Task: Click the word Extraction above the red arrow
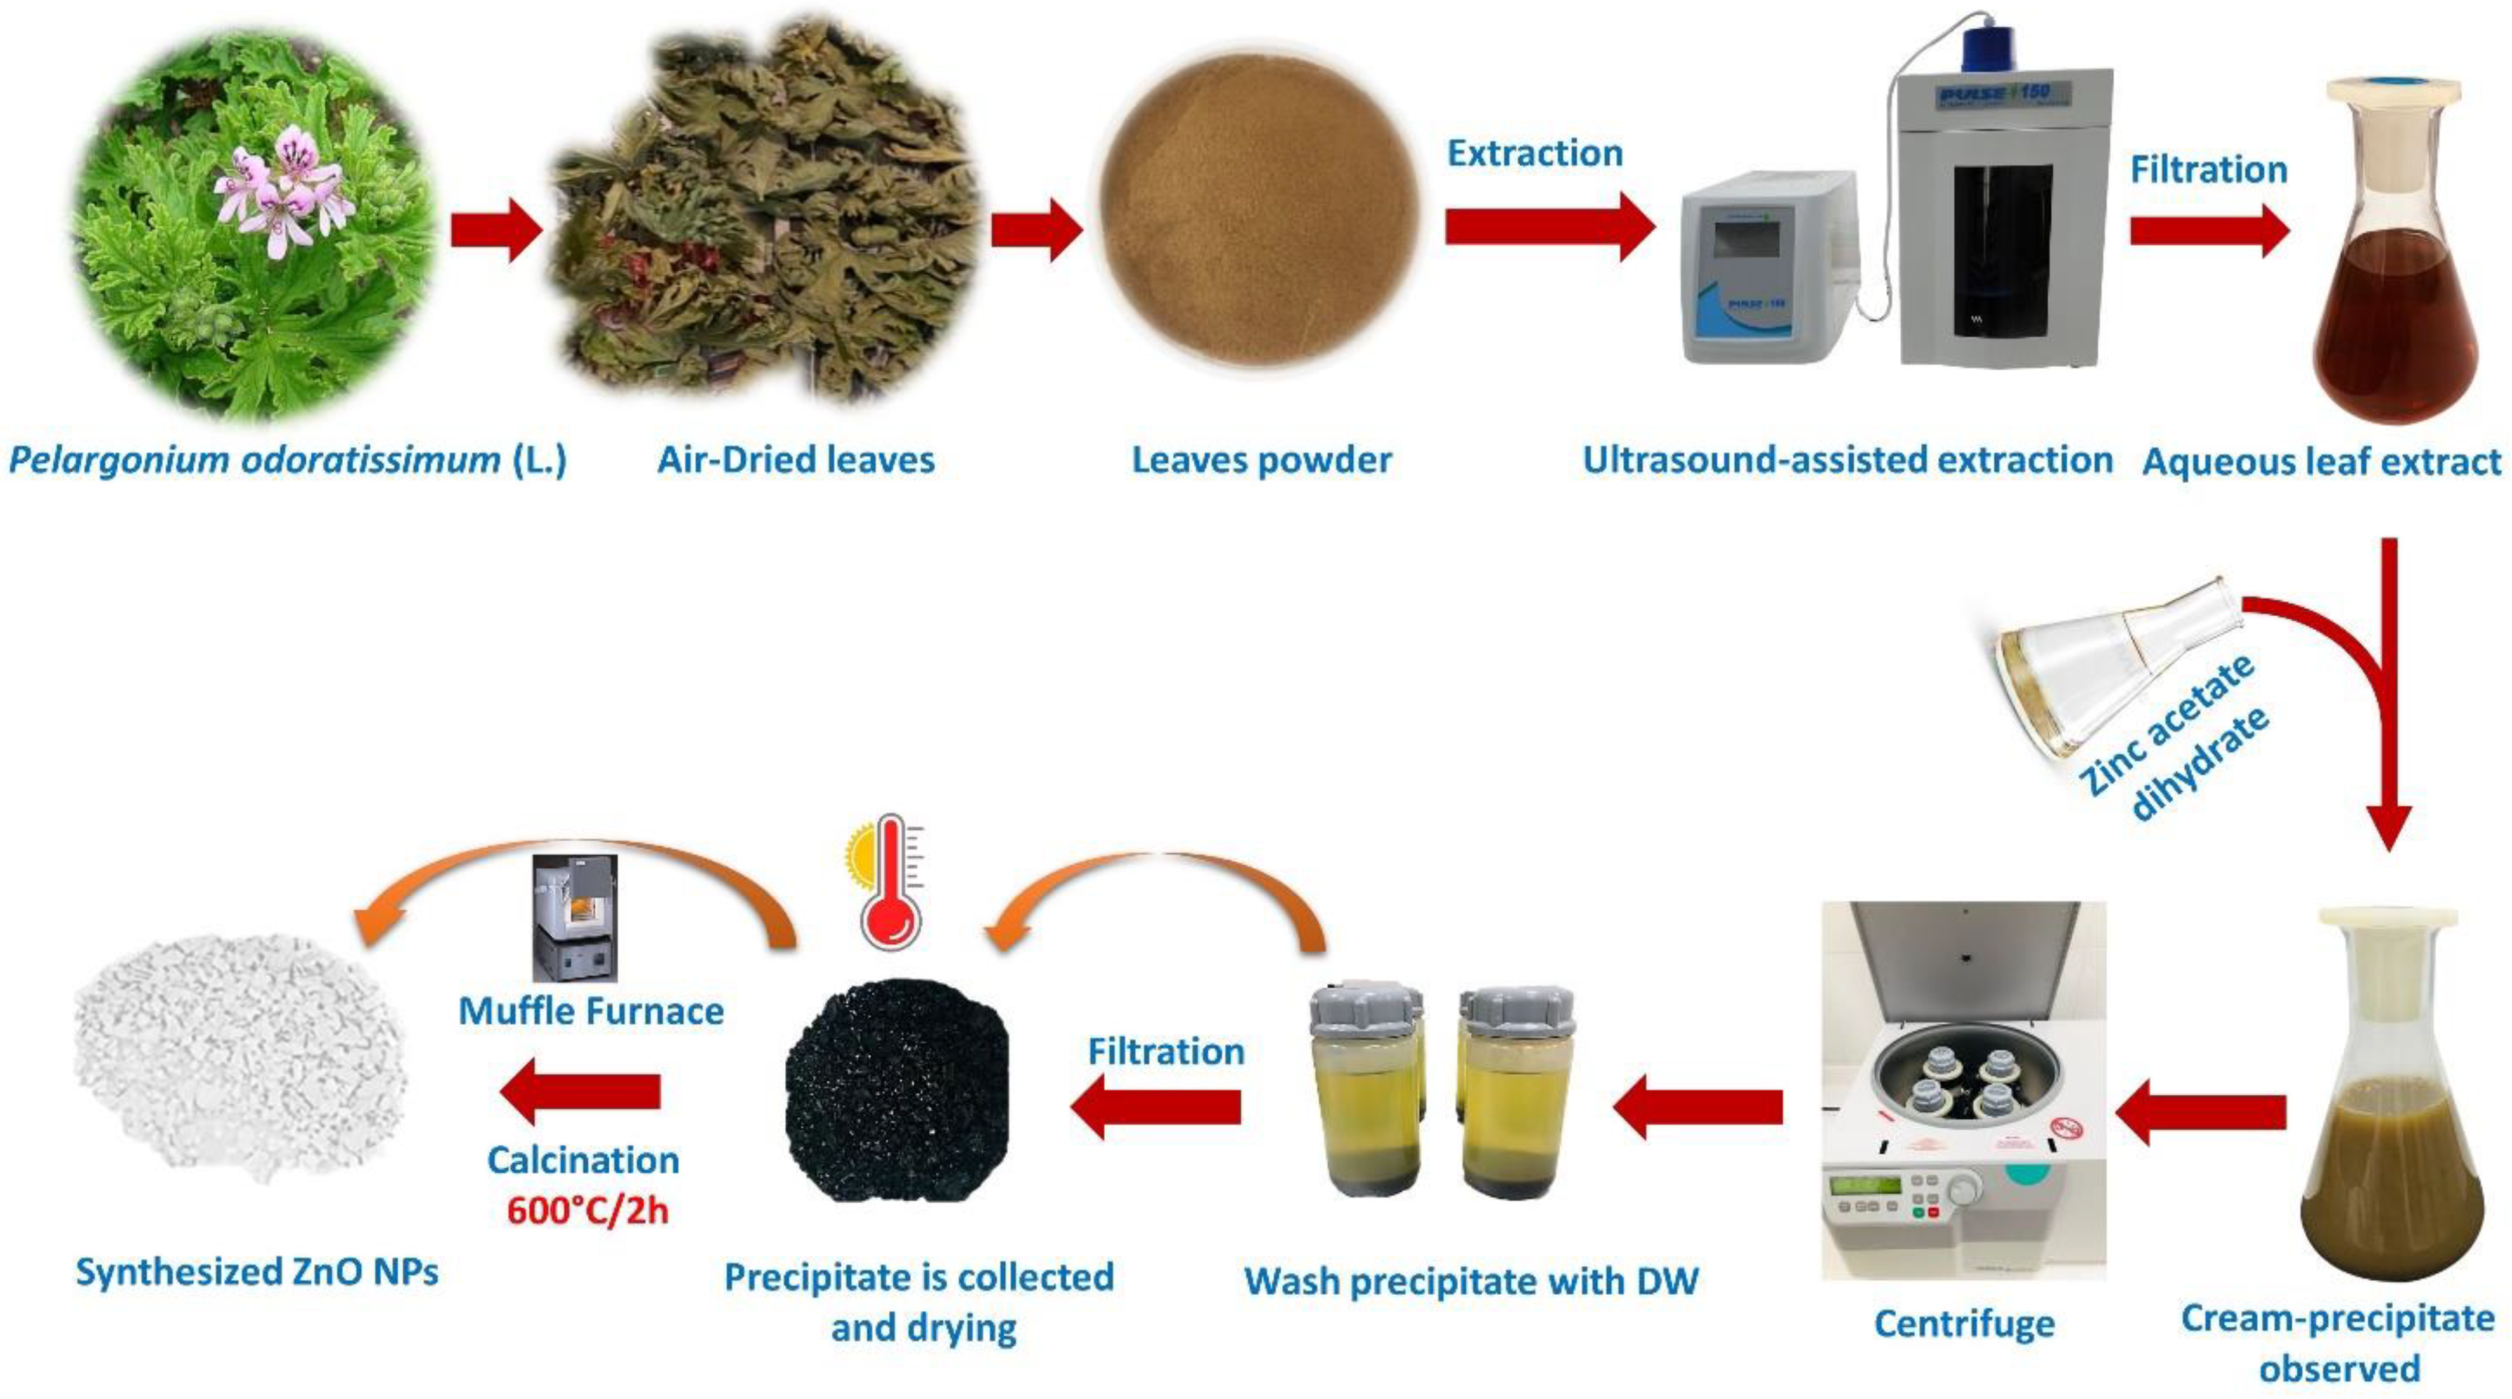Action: (x=1534, y=154)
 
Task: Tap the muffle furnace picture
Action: (x=576, y=916)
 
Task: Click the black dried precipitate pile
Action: (x=897, y=1092)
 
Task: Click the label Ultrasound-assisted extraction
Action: (x=1847, y=460)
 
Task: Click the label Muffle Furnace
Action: (x=591, y=1011)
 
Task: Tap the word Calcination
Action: (x=583, y=1160)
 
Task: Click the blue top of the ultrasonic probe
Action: (x=1983, y=46)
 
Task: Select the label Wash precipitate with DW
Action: (x=1471, y=1281)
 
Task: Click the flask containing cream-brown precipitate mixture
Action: (x=2389, y=1140)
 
